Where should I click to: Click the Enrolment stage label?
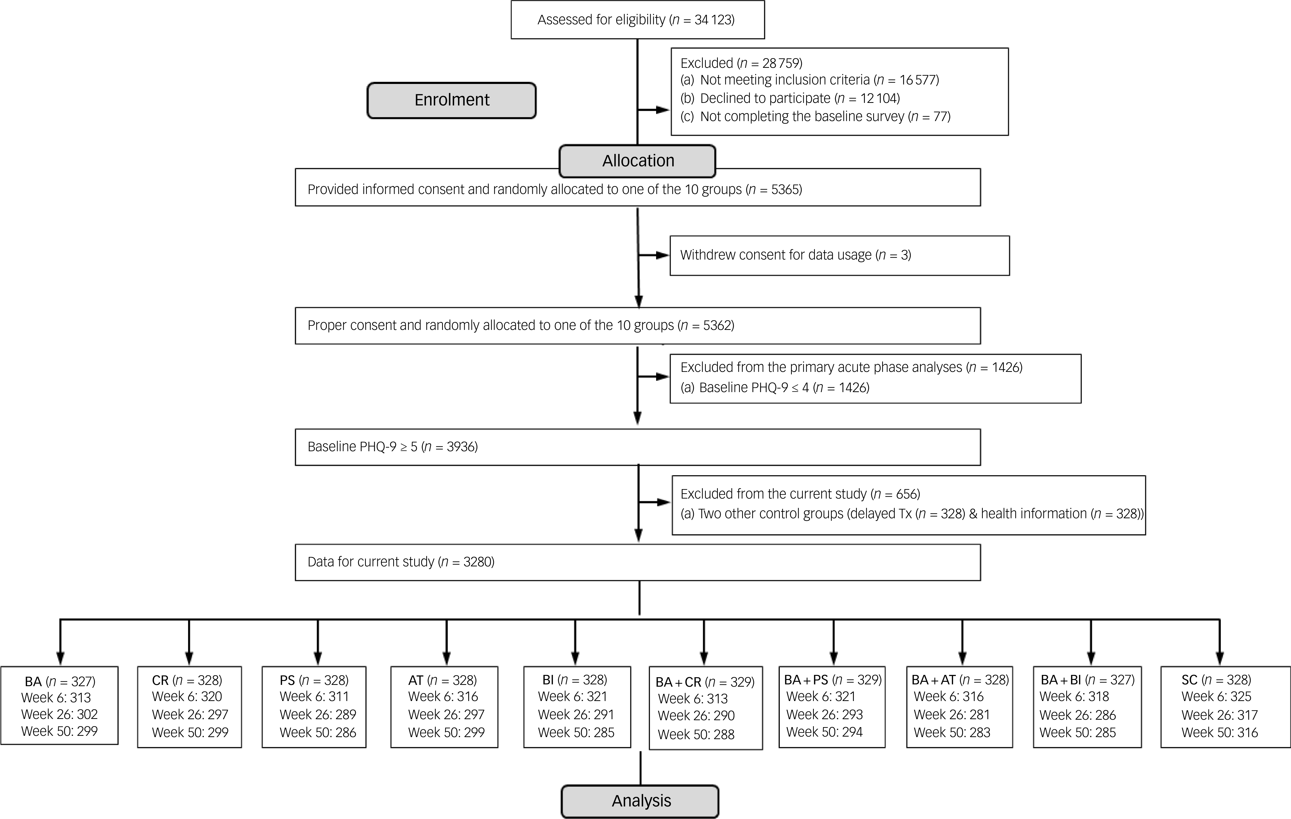[x=451, y=100]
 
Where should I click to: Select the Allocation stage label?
[x=637, y=161]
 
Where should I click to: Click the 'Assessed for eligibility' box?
[x=637, y=20]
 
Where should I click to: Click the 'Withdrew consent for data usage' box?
[x=840, y=256]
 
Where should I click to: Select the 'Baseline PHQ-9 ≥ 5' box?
[x=637, y=447]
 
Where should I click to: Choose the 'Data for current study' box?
[x=637, y=562]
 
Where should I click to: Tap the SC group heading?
[x=1216, y=680]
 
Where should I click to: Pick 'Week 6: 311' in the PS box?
[x=314, y=697]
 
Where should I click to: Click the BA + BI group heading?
[x=1087, y=680]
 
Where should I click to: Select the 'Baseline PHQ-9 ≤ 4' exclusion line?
[x=775, y=387]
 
